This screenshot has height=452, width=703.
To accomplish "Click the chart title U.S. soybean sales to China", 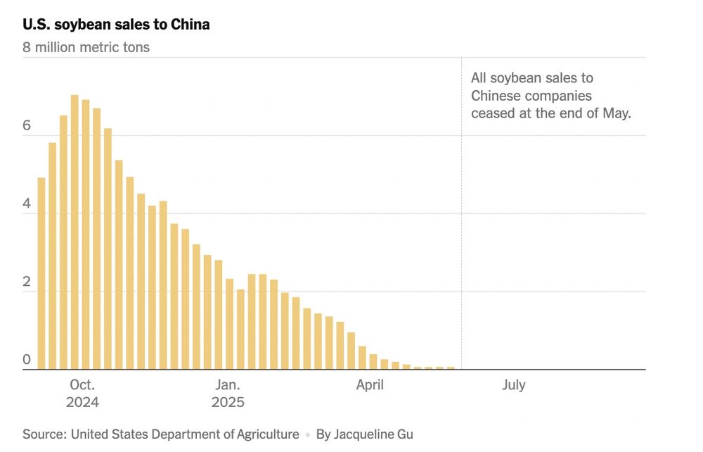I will (116, 25).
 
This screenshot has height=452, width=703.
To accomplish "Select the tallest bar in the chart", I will (75, 232).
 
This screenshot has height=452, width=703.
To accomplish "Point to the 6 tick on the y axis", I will (27, 126).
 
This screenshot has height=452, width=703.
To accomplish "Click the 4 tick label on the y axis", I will (27, 204).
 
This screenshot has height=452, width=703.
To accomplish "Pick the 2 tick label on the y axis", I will (27, 282).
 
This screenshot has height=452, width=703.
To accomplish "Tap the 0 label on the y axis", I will (27, 360).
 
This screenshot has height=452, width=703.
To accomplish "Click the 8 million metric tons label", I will (86, 48).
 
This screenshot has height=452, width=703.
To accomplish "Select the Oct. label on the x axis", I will (82, 385).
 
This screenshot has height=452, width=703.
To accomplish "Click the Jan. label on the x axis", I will (228, 385).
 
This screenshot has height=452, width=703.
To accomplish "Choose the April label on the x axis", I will (370, 385).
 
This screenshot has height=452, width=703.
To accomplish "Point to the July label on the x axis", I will (514, 385).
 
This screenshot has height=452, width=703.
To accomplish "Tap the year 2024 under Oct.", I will (82, 403).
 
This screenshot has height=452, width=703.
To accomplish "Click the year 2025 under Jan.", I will (228, 403).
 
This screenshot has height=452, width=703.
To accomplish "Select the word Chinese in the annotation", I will (496, 96).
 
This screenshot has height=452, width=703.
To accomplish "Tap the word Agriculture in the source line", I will (262, 434).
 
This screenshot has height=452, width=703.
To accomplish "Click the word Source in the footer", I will (43, 434).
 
